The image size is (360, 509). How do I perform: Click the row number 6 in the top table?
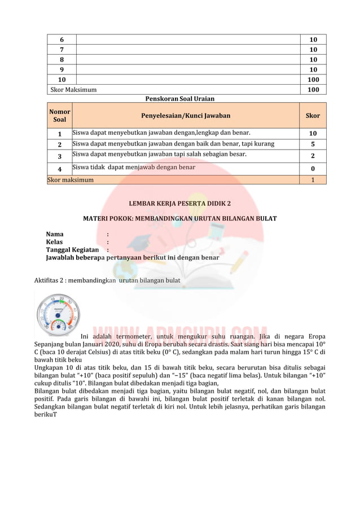62,40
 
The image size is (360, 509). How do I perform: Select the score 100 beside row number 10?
313,80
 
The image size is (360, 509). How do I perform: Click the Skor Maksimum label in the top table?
73,90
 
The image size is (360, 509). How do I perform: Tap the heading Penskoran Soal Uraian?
179,99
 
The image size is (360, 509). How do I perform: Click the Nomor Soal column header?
59,116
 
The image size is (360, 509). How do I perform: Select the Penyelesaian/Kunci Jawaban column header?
186,116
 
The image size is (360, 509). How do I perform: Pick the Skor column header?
312,116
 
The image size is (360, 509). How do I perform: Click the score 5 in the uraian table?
312,144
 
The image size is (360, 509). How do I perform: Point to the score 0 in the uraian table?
312,169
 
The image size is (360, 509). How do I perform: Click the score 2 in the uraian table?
312,156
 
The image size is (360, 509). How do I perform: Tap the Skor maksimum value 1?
312,180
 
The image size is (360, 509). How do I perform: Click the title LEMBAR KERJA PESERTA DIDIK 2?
179,203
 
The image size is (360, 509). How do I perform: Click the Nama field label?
55,234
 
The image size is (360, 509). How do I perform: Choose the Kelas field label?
55,242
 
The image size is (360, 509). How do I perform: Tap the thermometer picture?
58,313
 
